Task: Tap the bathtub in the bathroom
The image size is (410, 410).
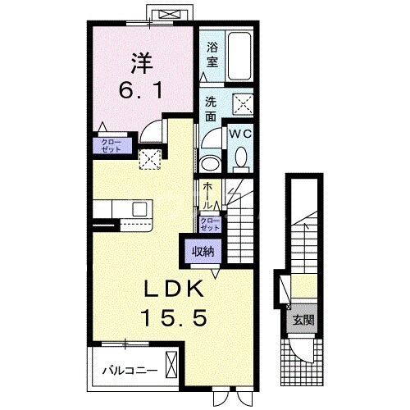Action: click(239, 57)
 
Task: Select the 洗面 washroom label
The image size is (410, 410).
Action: click(211, 109)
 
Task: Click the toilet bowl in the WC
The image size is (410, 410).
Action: click(241, 159)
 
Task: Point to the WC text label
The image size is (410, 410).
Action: click(240, 134)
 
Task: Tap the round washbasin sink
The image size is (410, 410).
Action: click(210, 164)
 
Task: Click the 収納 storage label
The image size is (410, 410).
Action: click(203, 252)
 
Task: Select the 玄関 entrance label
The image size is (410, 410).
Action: click(303, 320)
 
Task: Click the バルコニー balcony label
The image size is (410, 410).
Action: click(130, 371)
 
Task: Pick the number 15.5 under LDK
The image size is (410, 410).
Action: click(174, 318)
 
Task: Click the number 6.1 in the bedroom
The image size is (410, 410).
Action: click(141, 90)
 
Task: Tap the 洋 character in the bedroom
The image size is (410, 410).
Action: click(142, 63)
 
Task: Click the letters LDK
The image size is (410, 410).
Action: click(174, 289)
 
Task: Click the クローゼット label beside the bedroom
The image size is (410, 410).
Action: click(111, 146)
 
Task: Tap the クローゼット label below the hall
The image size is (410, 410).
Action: click(210, 224)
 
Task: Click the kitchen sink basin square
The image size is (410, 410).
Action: click(139, 209)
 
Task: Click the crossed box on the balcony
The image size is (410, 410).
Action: click(171, 365)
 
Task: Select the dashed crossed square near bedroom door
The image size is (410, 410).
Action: click(149, 159)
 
